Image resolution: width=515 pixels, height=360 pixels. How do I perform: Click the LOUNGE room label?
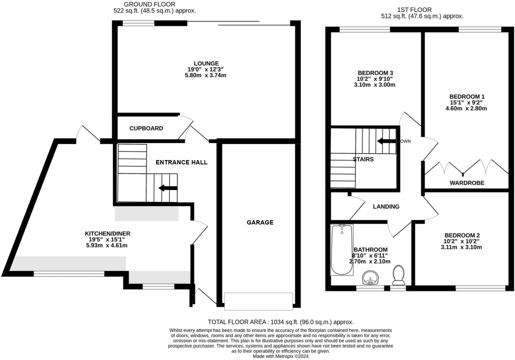click(x=206, y=63)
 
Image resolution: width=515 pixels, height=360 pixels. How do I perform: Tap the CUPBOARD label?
click(x=146, y=128)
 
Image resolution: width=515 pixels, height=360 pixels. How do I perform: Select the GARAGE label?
click(x=260, y=222)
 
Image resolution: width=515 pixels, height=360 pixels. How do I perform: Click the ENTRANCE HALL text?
click(x=181, y=162)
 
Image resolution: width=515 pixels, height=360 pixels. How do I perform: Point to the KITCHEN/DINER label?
click(x=107, y=233)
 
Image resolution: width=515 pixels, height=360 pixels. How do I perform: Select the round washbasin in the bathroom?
click(x=370, y=278)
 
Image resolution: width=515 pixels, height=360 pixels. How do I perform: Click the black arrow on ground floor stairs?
click(x=168, y=188)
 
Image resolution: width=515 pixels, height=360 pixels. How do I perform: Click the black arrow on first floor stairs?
click(x=386, y=141)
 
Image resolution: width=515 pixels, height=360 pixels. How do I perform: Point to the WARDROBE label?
click(x=467, y=183)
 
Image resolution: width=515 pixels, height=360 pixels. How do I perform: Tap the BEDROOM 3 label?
click(x=375, y=73)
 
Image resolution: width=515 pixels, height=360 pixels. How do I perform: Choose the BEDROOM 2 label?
click(x=462, y=235)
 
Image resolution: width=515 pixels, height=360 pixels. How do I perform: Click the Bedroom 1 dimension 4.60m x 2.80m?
click(x=466, y=108)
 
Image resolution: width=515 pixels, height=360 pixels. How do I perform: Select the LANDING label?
click(x=386, y=207)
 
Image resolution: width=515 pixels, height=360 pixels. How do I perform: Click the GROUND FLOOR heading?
click(x=150, y=4)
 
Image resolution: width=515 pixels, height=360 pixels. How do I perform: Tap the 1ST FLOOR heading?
click(x=414, y=10)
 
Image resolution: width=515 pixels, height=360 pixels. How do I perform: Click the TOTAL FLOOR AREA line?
click(x=280, y=322)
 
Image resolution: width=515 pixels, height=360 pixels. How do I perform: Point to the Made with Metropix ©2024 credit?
click(x=280, y=356)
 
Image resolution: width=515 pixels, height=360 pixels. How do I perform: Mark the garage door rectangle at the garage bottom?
click(x=259, y=301)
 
